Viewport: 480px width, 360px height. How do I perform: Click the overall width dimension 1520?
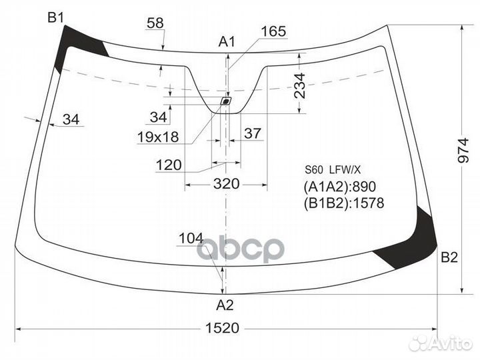222,328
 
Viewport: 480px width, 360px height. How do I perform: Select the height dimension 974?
463,151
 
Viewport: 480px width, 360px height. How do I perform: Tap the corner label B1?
56,18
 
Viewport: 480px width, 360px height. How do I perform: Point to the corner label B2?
449,257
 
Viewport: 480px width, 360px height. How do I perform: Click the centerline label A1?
227,41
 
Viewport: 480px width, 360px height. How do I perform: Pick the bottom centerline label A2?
225,305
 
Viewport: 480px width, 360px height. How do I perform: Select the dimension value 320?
226,184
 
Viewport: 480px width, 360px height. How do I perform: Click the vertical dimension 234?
300,86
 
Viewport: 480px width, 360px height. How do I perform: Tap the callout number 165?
274,31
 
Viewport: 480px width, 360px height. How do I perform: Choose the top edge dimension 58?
155,23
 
